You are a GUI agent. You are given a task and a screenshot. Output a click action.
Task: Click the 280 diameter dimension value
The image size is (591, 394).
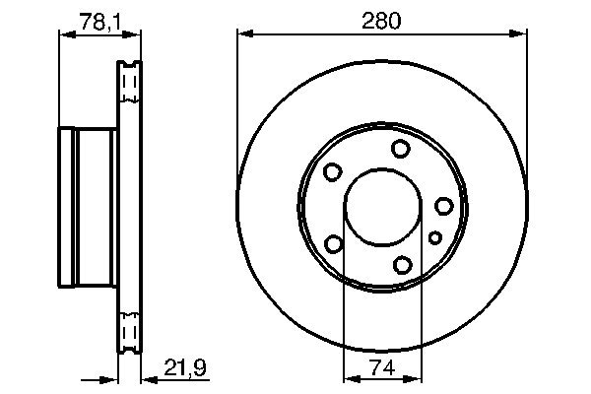pyautogui.click(x=380, y=20)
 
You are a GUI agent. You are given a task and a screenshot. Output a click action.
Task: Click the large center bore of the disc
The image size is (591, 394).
pyautogui.click(x=379, y=209)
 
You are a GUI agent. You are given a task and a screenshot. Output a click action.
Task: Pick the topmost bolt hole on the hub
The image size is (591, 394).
pyautogui.click(x=400, y=149)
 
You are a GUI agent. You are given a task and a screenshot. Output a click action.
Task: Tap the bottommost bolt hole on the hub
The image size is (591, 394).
pyautogui.click(x=402, y=264)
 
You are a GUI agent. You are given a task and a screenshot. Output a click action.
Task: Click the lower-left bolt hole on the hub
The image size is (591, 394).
pyautogui.click(x=334, y=243)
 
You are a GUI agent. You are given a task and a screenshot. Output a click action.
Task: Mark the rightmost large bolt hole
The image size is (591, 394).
pyautogui.click(x=444, y=205)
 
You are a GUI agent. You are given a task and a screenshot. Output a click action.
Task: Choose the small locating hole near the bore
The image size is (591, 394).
pyautogui.click(x=435, y=236)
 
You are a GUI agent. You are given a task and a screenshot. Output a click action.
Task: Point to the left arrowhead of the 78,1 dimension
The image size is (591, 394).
pyautogui.click(x=66, y=34)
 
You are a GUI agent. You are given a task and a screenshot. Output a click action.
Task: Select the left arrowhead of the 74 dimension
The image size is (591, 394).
pyautogui.click(x=349, y=378)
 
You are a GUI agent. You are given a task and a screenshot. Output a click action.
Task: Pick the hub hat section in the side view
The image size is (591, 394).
pyautogui.click(x=89, y=207)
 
